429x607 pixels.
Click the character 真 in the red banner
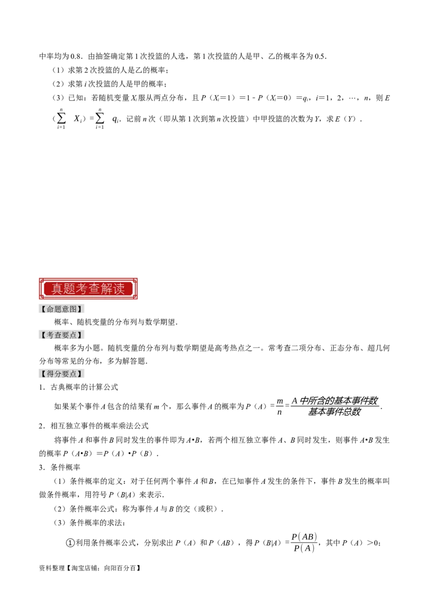point(57,288)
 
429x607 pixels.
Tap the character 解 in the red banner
point(106,288)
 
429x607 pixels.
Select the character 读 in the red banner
point(119,288)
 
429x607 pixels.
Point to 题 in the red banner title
point(70,288)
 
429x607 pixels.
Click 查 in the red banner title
point(94,288)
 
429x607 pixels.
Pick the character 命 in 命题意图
point(50,309)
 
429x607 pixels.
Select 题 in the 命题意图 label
point(58,309)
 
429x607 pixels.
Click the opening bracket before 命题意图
point(43,309)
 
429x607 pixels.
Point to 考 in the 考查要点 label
point(50,335)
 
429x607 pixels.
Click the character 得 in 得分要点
point(50,374)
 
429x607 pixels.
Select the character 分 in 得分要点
point(58,374)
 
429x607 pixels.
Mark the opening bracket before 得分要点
point(43,374)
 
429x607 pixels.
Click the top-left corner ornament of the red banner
point(41,280)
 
